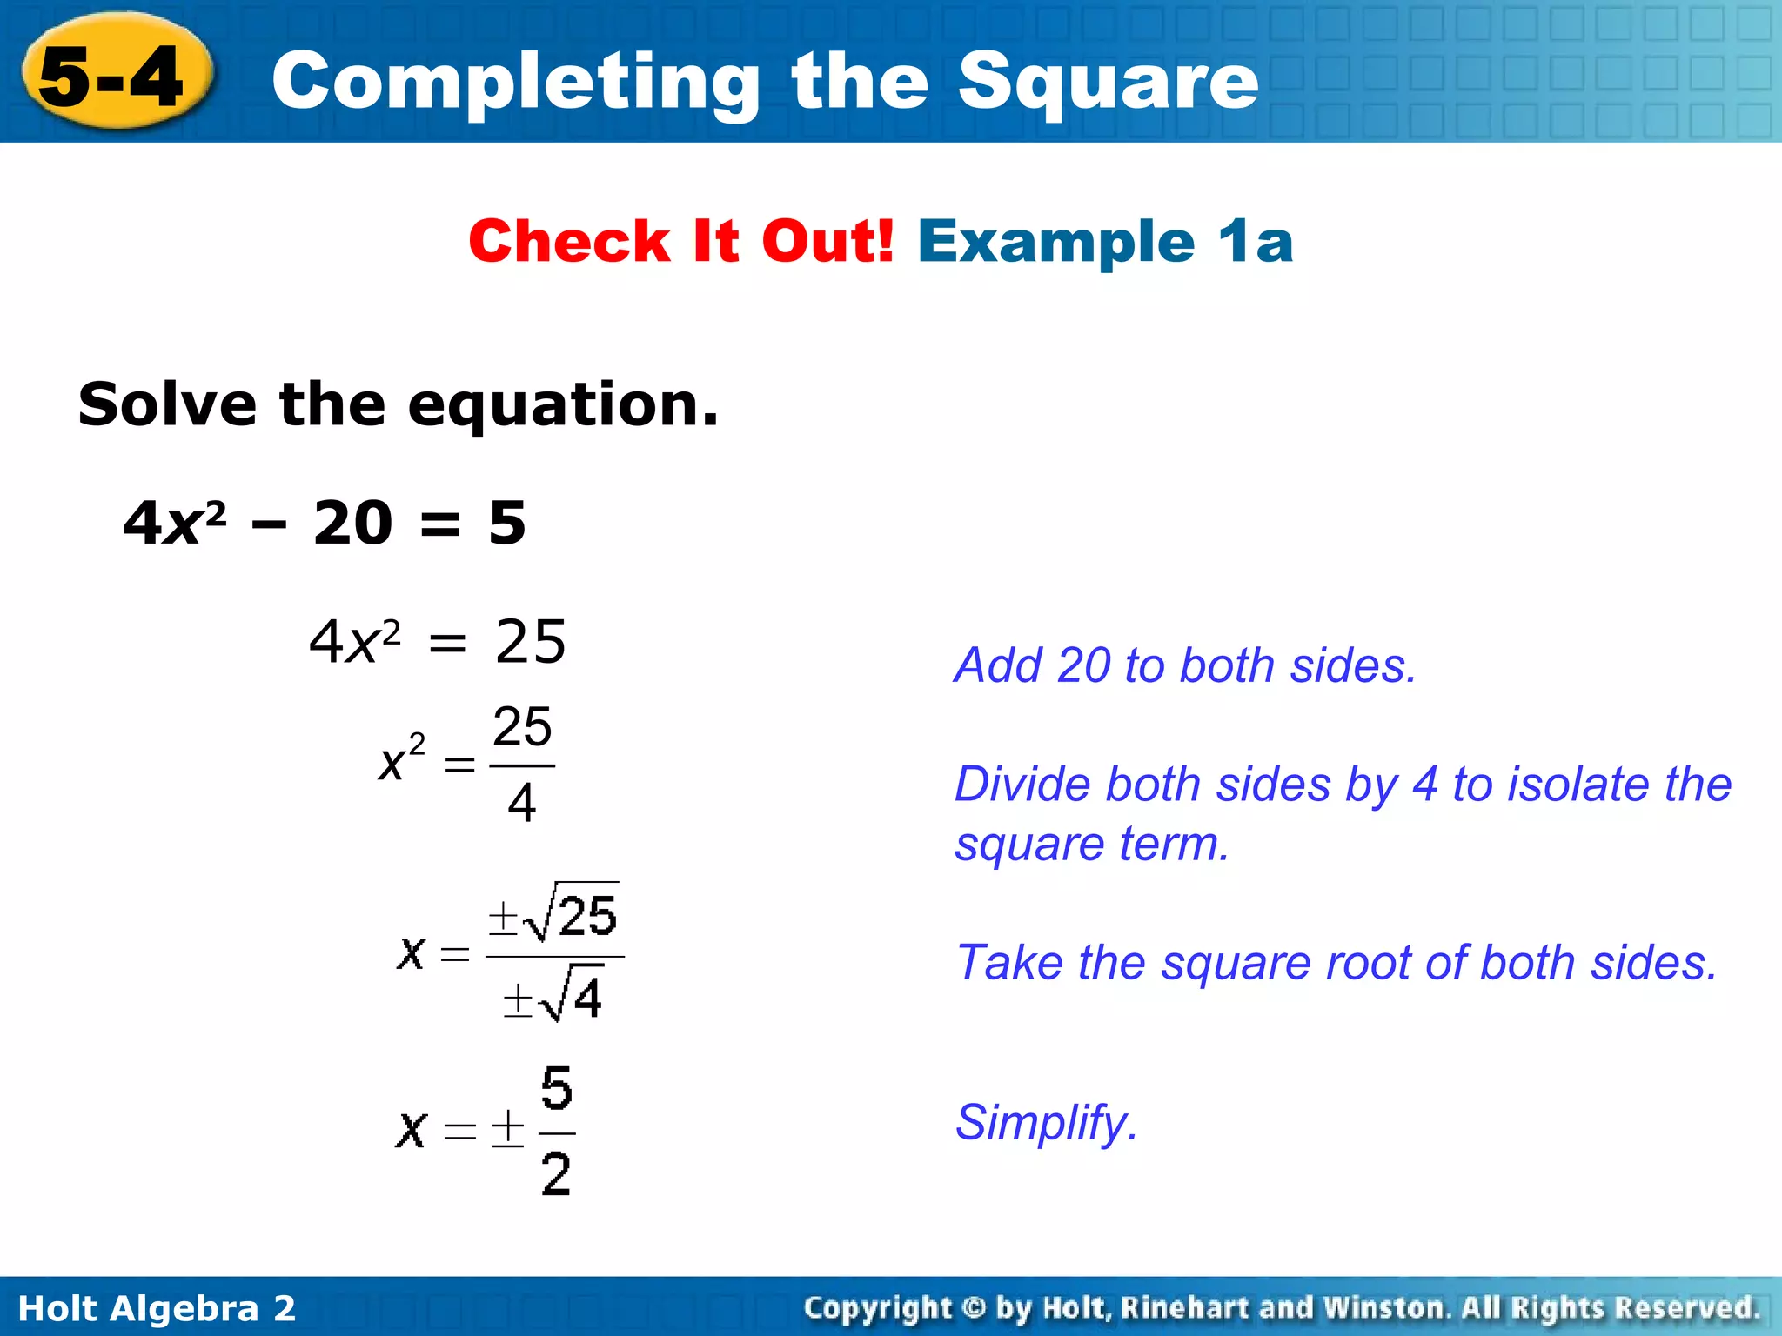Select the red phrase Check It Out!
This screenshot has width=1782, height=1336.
coord(680,241)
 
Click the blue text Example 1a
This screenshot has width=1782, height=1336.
coord(1105,241)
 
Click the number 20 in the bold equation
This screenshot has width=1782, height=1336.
coord(352,523)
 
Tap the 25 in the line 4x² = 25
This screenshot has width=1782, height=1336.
coord(530,642)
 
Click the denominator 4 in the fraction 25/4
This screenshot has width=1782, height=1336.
coord(521,803)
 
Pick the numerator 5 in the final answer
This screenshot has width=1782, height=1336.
coord(556,1089)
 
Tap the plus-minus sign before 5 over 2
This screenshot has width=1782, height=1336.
coord(508,1129)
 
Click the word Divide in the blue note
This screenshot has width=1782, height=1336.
coord(1022,784)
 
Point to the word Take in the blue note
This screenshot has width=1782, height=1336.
coord(1008,963)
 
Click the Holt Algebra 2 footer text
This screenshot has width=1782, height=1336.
coord(157,1308)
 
